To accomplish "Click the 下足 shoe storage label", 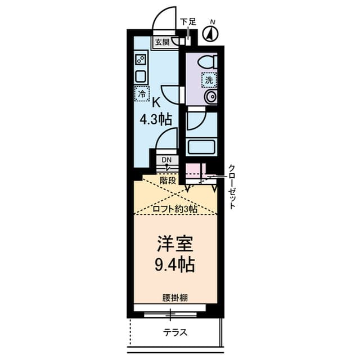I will click(x=188, y=22).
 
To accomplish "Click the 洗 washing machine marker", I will click(x=209, y=80).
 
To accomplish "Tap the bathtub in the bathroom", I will click(x=201, y=147).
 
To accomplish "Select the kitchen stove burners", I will click(x=141, y=59).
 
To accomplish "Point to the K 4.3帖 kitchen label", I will click(x=156, y=111).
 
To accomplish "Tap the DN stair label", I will click(x=166, y=160).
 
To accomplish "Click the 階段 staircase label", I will click(x=168, y=181).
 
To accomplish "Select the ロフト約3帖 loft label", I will click(x=175, y=209).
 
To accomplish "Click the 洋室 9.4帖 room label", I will click(x=175, y=254).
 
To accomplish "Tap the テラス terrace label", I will click(x=175, y=332).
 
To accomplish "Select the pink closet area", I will click(x=192, y=169).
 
